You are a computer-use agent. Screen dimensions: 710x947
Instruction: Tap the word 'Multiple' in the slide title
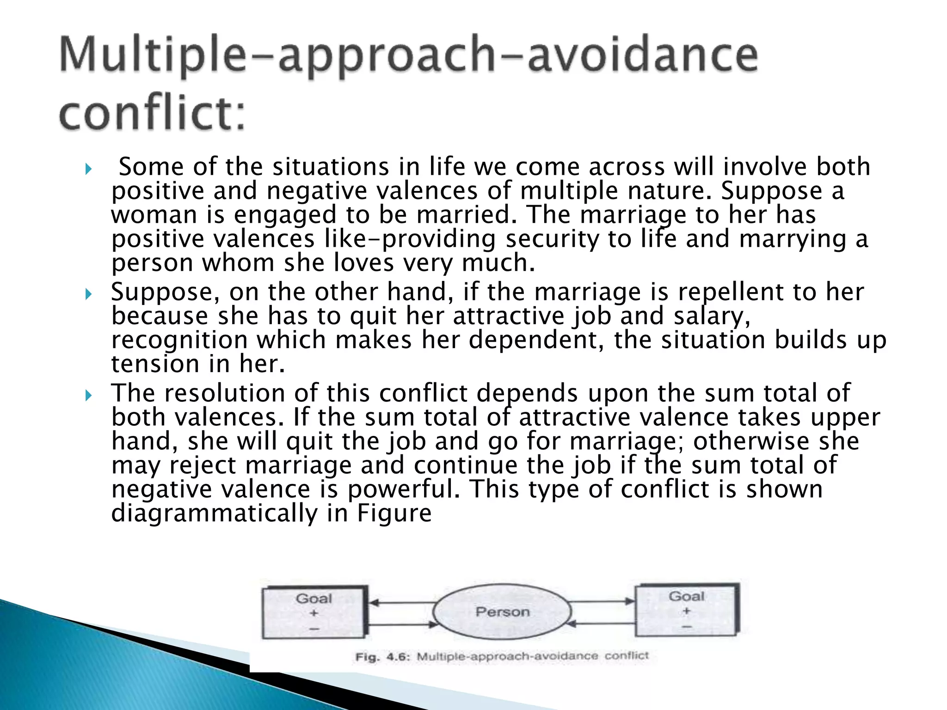point(153,55)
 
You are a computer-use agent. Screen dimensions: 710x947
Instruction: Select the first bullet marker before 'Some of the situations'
point(89,169)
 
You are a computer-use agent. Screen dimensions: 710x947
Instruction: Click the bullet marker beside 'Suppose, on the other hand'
point(89,294)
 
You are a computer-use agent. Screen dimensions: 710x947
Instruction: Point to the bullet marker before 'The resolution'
point(89,395)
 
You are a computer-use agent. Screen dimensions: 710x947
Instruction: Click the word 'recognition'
point(179,340)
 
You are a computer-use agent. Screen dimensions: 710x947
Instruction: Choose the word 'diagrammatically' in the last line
point(214,513)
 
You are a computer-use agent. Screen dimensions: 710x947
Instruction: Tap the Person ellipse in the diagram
point(502,612)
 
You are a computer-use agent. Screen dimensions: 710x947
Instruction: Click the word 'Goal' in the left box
point(314,598)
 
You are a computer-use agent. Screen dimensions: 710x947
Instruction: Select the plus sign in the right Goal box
point(687,611)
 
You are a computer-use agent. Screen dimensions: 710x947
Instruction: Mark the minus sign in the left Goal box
point(314,629)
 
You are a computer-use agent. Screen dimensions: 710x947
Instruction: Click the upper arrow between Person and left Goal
point(401,602)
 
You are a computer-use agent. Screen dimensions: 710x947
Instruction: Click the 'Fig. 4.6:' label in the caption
point(382,657)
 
